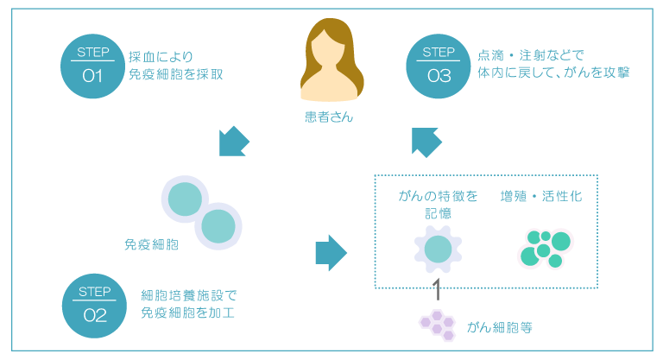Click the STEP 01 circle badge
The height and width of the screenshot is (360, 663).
click(93, 67)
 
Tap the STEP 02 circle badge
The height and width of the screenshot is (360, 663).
click(95, 306)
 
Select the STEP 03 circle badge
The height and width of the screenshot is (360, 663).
click(439, 67)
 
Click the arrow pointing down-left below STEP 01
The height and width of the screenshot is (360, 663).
click(234, 141)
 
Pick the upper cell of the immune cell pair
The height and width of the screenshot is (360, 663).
click(185, 200)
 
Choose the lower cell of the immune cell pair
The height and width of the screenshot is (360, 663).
click(218, 227)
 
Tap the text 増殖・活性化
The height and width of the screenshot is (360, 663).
click(541, 197)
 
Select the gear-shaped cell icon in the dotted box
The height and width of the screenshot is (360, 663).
click(438, 249)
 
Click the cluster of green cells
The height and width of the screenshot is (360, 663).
click(546, 249)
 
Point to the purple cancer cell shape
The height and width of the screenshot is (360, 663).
click(437, 325)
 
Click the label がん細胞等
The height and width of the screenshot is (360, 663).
click(500, 327)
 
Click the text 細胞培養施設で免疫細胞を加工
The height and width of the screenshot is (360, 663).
click(188, 303)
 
